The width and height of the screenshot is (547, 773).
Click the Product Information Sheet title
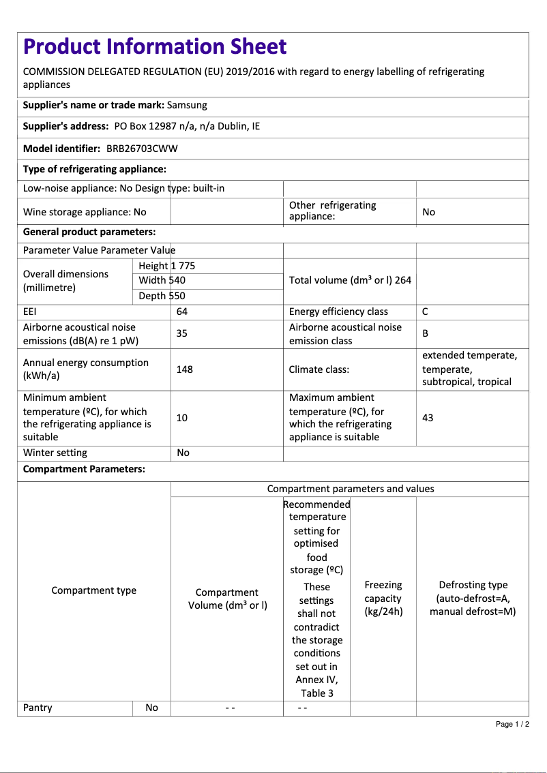(155, 46)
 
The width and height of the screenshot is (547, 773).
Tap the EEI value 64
(182, 312)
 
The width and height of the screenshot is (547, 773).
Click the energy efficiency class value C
(426, 312)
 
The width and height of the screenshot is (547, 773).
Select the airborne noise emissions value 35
(182, 334)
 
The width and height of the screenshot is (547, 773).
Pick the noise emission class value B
(426, 334)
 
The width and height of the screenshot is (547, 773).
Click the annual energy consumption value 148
(184, 369)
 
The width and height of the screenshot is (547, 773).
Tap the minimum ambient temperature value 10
(182, 417)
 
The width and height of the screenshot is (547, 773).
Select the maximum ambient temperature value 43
(428, 417)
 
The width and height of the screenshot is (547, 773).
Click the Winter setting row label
(55, 453)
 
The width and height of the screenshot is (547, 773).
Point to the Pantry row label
(38, 708)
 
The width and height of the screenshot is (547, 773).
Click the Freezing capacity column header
(383, 598)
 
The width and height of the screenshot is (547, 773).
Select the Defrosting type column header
(473, 598)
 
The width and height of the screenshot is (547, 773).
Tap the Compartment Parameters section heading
(84, 469)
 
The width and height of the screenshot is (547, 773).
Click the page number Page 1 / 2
(512, 724)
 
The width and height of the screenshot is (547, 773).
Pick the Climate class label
(319, 369)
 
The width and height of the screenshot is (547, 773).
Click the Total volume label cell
(350, 280)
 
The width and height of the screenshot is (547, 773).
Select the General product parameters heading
(89, 232)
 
